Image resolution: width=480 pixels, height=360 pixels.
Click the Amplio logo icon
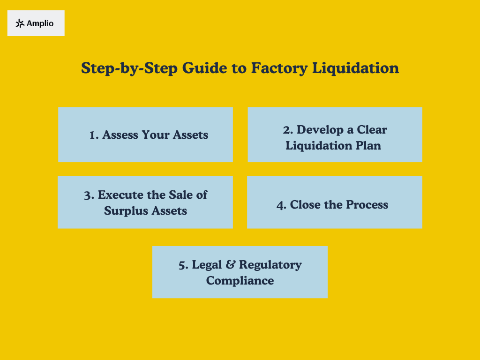[20, 23]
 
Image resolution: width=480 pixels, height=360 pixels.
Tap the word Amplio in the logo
[40, 23]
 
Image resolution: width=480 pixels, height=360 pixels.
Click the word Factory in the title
[279, 68]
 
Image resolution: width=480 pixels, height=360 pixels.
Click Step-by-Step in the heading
[129, 68]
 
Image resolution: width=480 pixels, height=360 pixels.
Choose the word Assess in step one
[120, 135]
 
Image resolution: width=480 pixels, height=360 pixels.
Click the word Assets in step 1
[190, 135]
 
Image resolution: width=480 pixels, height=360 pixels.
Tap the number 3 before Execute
[89, 195]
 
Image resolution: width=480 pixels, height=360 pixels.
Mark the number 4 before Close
[281, 205]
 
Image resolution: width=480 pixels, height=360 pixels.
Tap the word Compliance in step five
[240, 281]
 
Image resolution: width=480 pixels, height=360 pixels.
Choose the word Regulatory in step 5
[270, 265]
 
